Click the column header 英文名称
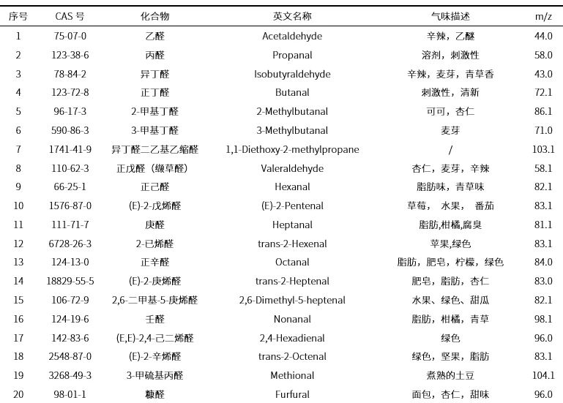292,16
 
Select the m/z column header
543,16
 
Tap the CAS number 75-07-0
70,36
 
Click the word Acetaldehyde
292,36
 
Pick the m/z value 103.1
543,149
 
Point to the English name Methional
292,375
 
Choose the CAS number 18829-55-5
70,281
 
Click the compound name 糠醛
154,394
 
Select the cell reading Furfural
292,394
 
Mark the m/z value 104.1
543,375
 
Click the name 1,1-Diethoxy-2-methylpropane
292,149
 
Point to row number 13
18,262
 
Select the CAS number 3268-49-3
70,375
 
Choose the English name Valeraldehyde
292,168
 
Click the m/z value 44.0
543,36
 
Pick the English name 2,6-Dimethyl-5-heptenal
292,300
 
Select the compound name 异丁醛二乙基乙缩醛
154,149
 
